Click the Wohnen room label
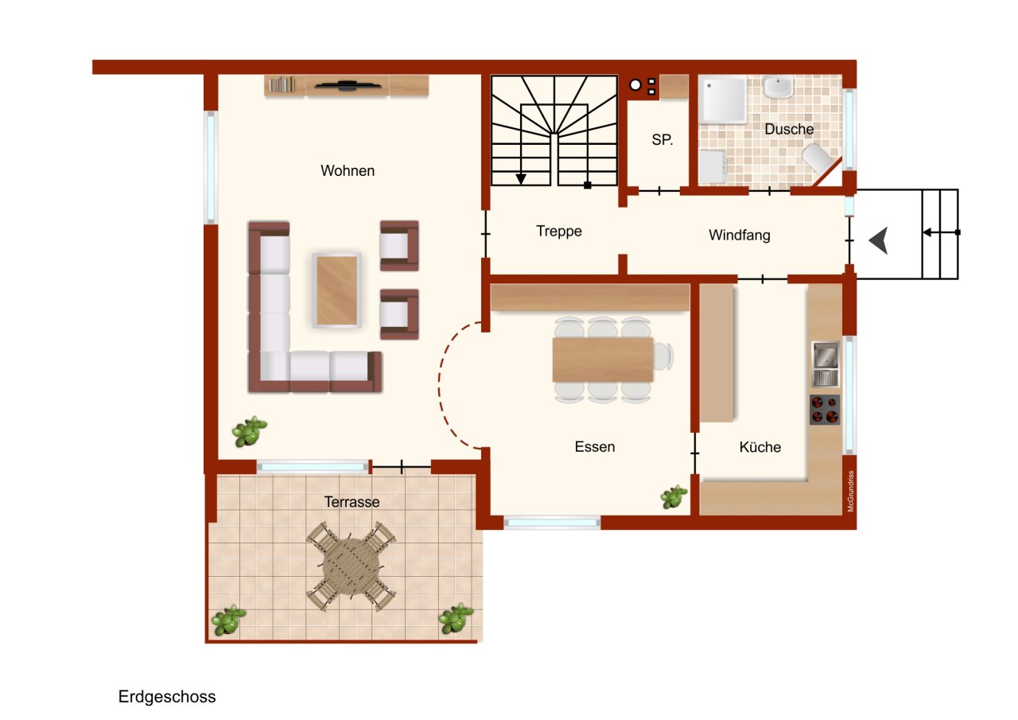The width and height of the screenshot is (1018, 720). [x=348, y=170]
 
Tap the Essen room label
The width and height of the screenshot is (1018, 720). [x=595, y=447]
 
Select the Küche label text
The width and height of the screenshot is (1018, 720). [x=760, y=447]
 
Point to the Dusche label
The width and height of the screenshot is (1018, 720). [x=789, y=129]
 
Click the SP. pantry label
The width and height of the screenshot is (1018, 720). [x=662, y=139]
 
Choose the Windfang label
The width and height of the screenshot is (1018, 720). [x=740, y=235]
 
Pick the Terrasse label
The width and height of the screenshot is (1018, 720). [x=352, y=502]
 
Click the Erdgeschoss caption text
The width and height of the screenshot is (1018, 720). [x=167, y=697]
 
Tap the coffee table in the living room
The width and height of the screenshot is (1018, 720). [x=337, y=290]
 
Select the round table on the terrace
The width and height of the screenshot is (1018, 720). [x=352, y=565]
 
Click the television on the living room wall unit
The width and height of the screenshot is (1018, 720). [x=348, y=86]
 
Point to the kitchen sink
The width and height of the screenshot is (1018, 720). [x=826, y=364]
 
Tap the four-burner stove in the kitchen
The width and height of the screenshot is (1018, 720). [x=825, y=409]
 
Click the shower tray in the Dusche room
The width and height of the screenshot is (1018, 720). [x=722, y=99]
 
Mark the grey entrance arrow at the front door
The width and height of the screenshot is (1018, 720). [x=879, y=240]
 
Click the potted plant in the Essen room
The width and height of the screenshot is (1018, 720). [x=674, y=497]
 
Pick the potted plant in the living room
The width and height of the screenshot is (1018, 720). [x=249, y=430]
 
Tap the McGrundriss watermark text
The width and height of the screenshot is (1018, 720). [x=850, y=491]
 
